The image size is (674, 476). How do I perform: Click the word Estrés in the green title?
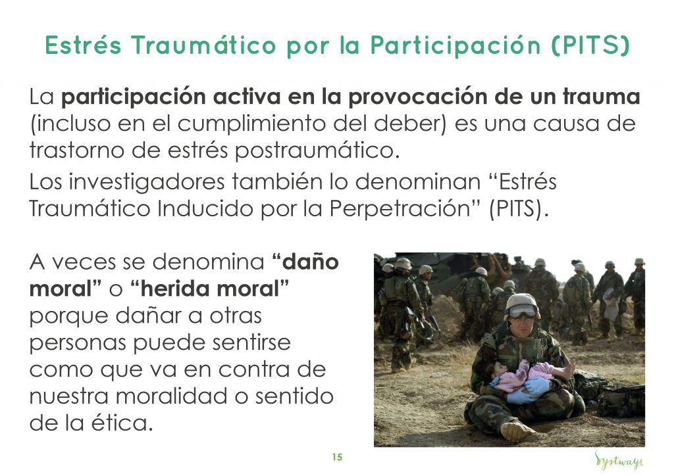(x=84, y=45)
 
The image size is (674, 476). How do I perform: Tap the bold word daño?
(x=311, y=262)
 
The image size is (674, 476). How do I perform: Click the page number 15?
(x=337, y=458)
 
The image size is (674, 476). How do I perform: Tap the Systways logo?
(x=619, y=460)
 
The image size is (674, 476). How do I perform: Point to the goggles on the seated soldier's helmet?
(x=523, y=311)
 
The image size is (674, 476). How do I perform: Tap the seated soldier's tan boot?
(x=517, y=430)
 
